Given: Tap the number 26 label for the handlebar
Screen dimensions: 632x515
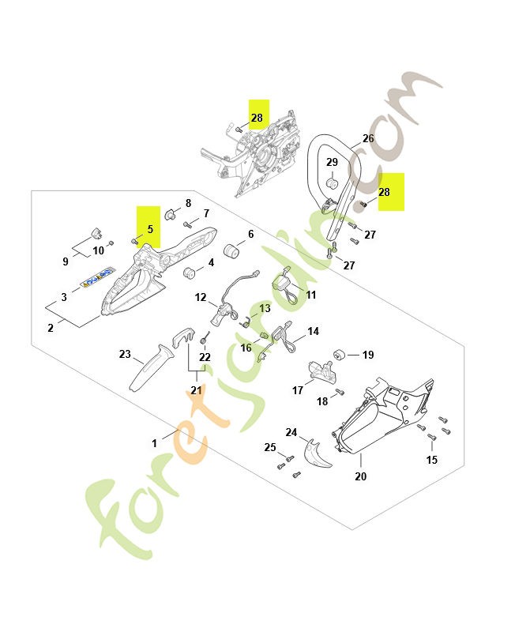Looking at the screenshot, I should (368, 138).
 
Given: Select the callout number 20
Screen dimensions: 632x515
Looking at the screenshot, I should (361, 476).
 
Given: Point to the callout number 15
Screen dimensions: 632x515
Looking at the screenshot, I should (431, 460).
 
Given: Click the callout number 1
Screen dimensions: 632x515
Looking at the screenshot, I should (155, 444).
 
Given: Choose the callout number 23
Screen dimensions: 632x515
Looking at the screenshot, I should (125, 355).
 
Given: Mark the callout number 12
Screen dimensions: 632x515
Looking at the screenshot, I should (201, 298).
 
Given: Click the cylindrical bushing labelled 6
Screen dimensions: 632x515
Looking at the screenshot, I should (233, 251).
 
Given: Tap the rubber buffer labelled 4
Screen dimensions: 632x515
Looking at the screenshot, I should (190, 273).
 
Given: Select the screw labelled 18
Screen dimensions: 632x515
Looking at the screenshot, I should (340, 391).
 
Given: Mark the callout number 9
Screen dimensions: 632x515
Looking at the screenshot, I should (65, 261).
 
